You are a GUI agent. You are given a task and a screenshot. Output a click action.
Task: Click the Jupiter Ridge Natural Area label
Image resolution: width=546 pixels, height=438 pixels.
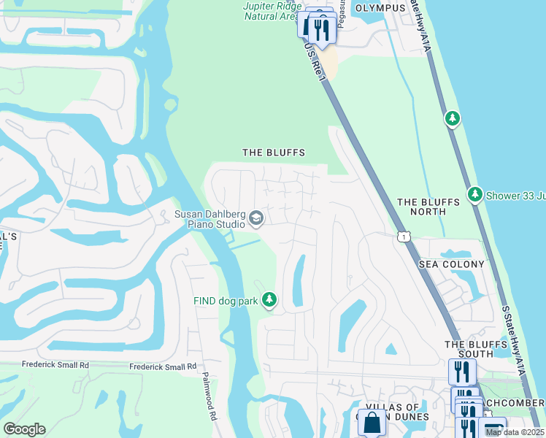(x=270, y=11)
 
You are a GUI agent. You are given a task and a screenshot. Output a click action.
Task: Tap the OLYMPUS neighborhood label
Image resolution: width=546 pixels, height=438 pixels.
(x=380, y=8)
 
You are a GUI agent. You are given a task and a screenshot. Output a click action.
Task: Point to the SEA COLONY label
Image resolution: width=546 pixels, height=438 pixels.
(x=452, y=264)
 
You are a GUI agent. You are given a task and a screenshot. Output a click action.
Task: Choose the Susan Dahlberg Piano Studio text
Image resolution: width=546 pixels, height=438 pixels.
(x=209, y=219)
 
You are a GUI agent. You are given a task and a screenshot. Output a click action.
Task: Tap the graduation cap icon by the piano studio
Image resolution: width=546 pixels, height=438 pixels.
(x=256, y=218)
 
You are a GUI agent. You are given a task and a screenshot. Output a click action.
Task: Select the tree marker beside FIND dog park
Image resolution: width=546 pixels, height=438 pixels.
(x=269, y=300)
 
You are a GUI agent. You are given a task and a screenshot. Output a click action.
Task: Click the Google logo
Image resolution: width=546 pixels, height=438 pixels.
(x=24, y=429)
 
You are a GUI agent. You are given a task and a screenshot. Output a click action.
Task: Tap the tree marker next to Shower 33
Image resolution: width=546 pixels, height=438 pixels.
(x=476, y=194)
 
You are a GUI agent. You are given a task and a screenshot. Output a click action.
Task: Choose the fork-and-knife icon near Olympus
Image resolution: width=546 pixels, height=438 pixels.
(x=320, y=31)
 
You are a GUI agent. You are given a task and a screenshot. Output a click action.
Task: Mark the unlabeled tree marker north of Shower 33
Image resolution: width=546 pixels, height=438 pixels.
(x=453, y=118)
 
